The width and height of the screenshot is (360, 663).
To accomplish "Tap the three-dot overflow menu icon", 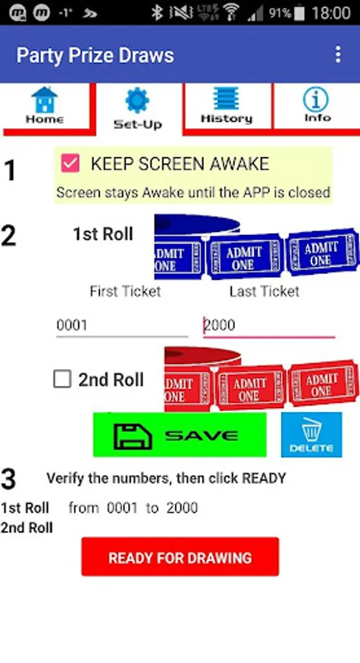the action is [338, 55].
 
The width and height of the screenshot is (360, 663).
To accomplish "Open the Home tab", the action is [44, 105].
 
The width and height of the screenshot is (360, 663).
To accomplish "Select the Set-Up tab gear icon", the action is [138, 101].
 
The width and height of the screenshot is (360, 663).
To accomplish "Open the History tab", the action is [227, 105].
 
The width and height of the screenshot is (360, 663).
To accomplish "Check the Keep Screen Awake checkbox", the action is [70, 164].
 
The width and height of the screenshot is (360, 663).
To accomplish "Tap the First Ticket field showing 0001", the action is [122, 325].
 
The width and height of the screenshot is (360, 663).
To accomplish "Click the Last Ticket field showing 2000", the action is [269, 325].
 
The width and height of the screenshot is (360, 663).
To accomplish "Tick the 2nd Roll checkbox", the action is [62, 379].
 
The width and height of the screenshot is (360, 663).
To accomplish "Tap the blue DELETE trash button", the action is [311, 435].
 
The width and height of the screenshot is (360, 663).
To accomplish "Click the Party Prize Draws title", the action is [95, 55].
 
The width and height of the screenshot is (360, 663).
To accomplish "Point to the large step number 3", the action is [8, 479].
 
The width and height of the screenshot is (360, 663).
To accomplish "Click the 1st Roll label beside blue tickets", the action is [103, 234].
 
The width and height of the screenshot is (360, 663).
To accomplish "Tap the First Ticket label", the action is [125, 291].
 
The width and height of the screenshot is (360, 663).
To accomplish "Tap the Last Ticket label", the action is [264, 291].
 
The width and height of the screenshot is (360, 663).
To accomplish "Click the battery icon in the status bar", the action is [299, 13].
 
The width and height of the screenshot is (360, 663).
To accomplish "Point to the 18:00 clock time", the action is [332, 13].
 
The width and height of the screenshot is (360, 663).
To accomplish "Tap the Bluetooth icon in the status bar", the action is [157, 13].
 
